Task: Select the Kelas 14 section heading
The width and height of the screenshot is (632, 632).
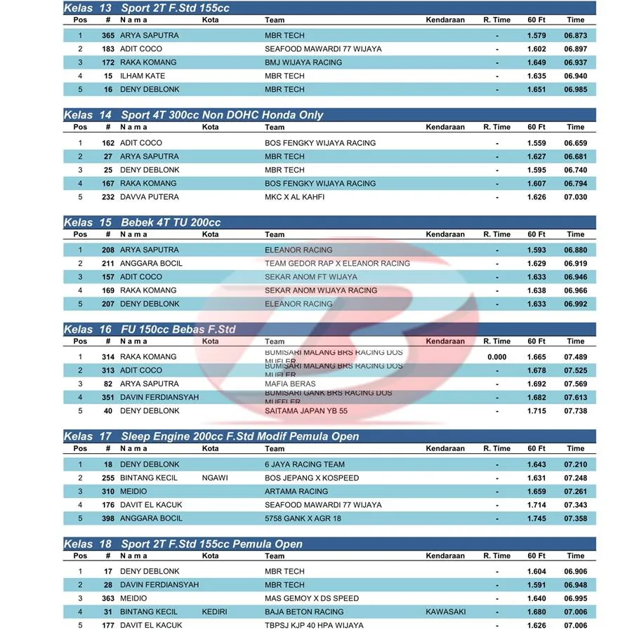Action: [x=193, y=115]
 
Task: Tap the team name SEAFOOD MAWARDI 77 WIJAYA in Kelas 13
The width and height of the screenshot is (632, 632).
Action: [x=323, y=49]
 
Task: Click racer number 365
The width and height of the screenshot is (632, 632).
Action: [x=107, y=35]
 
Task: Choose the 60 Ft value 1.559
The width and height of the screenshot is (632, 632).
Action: [x=536, y=143]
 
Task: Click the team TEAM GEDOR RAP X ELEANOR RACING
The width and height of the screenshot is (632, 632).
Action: [x=337, y=264]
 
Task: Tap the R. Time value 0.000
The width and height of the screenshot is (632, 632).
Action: [x=496, y=357]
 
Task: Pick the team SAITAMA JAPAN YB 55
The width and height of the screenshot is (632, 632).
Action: [x=306, y=411]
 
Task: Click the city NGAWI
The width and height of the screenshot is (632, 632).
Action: [x=214, y=478]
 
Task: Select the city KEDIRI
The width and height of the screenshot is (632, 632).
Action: [x=214, y=612]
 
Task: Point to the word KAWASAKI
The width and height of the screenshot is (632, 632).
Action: [x=445, y=612]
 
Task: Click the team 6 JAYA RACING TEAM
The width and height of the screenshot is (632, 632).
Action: [x=305, y=464]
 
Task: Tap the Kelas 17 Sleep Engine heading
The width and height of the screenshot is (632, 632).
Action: [x=211, y=436]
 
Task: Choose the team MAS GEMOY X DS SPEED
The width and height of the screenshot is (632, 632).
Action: [x=312, y=598]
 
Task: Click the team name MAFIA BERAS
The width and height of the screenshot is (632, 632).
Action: [x=290, y=384]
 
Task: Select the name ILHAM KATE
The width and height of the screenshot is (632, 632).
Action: [x=143, y=76]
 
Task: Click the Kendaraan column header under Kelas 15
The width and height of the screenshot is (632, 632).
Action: [x=445, y=234]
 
